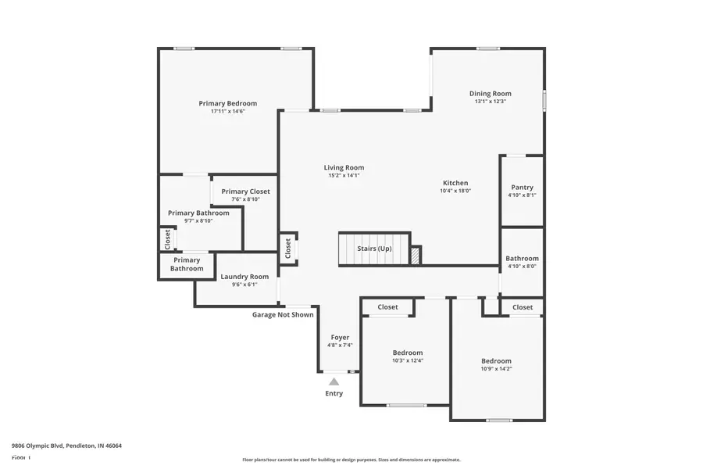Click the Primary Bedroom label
[x=227, y=103]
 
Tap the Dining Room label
[x=490, y=94]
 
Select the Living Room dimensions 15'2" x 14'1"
[x=344, y=176]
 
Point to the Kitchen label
[x=455, y=182]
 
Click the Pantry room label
[x=522, y=188]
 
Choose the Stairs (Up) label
[x=374, y=249]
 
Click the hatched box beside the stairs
[x=416, y=255]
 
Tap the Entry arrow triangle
[x=334, y=381]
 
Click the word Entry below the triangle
[x=334, y=393]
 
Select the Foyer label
[x=340, y=338]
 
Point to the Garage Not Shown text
[x=283, y=315]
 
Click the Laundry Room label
[x=244, y=277]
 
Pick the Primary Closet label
[x=245, y=192]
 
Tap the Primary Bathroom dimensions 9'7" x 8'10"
[x=198, y=221]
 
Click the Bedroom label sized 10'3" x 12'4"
[x=407, y=353]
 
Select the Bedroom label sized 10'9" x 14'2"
[x=496, y=361]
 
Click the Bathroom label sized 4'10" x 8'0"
[x=522, y=259]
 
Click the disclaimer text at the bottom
[x=351, y=460]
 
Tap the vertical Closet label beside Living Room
[x=288, y=249]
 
